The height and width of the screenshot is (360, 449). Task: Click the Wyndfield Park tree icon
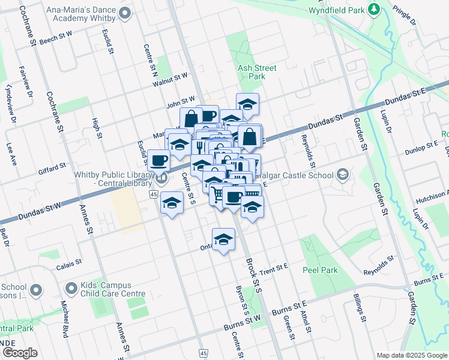click(374, 9)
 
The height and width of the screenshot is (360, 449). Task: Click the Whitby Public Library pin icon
click(161, 178)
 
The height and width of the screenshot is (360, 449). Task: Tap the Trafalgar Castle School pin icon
click(342, 175)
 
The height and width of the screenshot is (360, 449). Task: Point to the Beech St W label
click(56, 36)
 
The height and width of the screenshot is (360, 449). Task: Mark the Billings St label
click(358, 305)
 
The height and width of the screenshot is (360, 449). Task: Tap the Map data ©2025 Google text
click(411, 355)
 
